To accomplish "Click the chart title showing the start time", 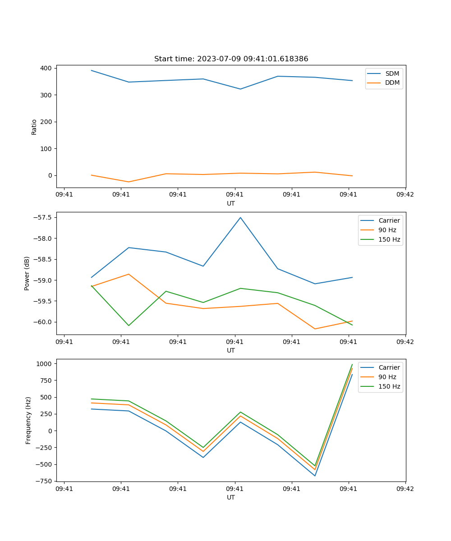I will coord(231,59).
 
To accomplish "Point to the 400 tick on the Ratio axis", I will coord(46,68).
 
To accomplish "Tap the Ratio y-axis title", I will coord(34,127).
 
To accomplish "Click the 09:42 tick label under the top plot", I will coord(405,195).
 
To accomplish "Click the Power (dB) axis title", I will coord(27,273).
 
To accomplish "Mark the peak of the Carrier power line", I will coord(240,217).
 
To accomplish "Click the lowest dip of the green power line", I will coord(129,326).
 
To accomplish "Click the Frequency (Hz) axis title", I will coord(28,420).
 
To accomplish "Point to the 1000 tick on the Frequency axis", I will coord(45,363).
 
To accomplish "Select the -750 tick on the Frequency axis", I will coord(45,481).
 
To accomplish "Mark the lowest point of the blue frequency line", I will coord(315,476).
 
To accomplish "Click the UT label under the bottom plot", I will coord(231,497).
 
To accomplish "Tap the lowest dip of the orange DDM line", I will coord(129,182).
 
